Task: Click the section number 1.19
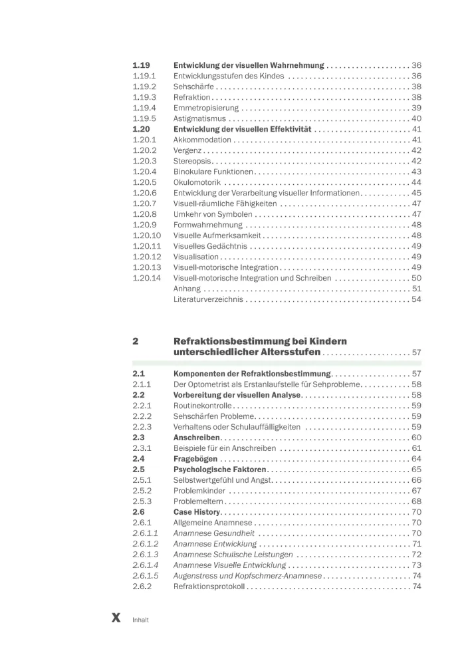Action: [x=141, y=66]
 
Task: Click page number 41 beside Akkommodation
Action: [x=416, y=140]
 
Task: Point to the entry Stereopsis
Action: [x=191, y=161]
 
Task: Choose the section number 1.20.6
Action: [x=144, y=193]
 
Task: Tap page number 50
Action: [x=416, y=277]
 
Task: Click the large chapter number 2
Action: [x=136, y=341]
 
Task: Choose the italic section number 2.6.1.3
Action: [x=146, y=554]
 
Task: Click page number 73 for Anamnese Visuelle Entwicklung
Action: [x=416, y=565]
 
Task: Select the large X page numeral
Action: [x=116, y=618]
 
